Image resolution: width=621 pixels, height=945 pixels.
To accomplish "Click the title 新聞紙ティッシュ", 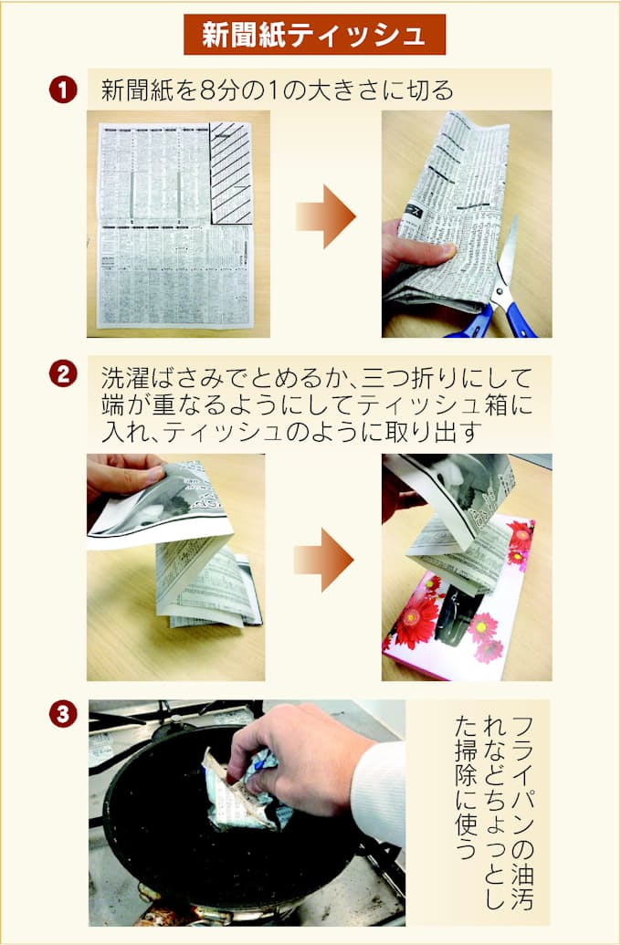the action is pyautogui.click(x=314, y=35).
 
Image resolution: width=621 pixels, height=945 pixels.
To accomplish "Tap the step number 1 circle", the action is pyautogui.click(x=63, y=89).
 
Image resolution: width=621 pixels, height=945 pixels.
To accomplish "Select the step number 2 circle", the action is pyautogui.click(x=63, y=374).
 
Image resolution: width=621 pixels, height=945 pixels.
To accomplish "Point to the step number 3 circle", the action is pyautogui.click(x=63, y=714).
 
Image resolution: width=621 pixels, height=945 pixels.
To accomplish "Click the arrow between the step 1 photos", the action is pyautogui.click(x=325, y=216).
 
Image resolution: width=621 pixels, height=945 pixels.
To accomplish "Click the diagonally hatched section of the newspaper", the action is pyautogui.click(x=231, y=173).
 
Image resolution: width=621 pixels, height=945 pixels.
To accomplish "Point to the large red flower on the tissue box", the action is pyautogui.click(x=417, y=621).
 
